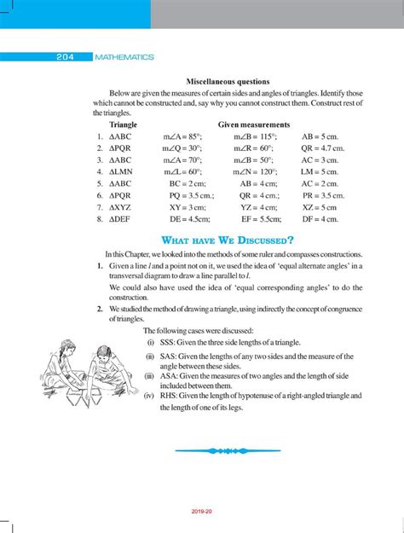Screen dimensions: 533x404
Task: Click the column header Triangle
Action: point(124,125)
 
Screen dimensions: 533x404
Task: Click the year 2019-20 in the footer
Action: point(202,513)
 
